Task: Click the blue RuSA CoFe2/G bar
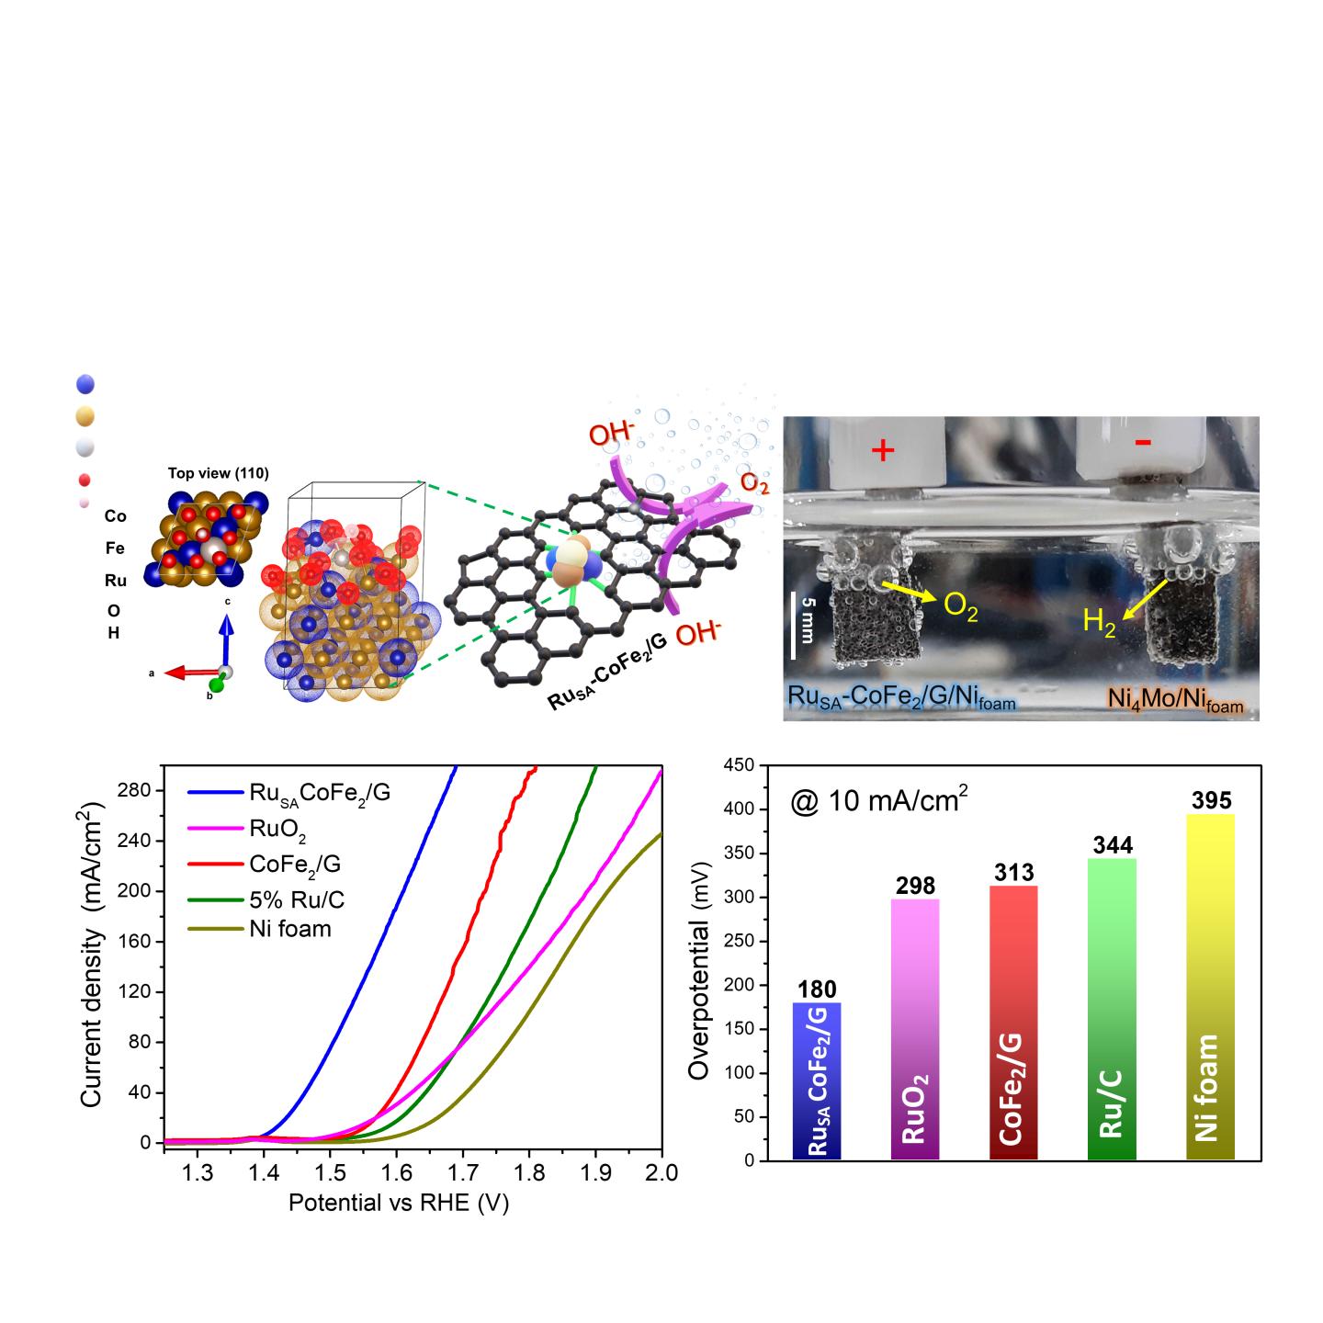tap(817, 1080)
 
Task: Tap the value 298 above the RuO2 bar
tap(916, 886)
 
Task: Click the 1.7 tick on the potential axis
tap(463, 1173)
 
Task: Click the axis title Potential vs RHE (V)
tap(398, 1203)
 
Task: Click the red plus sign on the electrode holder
tap(882, 450)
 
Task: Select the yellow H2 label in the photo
tap(1098, 622)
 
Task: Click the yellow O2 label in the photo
tap(960, 608)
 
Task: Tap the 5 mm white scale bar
tap(793, 626)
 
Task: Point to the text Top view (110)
tap(218, 474)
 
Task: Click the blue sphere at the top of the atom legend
tap(86, 385)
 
